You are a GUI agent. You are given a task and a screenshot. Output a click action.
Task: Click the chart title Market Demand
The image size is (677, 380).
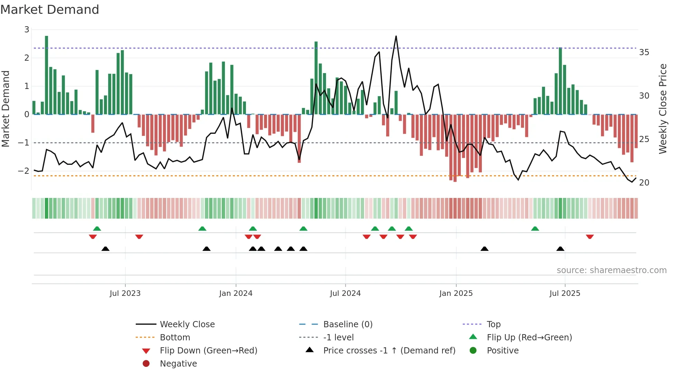pos(50,9)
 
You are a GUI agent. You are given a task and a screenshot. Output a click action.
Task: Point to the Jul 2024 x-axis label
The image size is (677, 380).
pos(345,293)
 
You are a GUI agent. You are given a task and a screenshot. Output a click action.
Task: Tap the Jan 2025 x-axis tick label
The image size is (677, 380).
pos(456,293)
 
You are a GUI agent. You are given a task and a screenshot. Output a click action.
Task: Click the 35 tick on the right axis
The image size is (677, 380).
pos(644,52)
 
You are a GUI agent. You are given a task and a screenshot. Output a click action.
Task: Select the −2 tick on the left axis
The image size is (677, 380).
pos(23,171)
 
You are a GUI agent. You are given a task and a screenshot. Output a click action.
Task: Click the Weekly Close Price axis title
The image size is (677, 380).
pos(662,109)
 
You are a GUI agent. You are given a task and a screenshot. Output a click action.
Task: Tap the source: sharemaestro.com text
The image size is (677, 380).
pos(611,270)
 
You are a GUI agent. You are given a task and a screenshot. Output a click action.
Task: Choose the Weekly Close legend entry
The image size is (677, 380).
pos(187,324)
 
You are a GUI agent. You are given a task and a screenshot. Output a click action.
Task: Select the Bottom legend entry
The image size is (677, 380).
pos(175,338)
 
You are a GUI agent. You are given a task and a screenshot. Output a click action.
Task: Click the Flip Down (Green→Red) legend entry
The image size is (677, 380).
pos(208,351)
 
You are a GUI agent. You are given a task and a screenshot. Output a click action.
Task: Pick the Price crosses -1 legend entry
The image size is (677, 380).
pos(389,351)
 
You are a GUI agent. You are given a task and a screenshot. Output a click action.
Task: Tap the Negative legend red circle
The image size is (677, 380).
pos(146,364)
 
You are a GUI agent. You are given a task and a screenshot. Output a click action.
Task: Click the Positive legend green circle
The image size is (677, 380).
pos(473,351)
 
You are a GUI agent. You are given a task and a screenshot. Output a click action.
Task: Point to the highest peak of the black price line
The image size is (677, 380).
pos(396,36)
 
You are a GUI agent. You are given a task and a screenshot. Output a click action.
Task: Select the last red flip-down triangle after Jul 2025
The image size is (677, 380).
pos(590,237)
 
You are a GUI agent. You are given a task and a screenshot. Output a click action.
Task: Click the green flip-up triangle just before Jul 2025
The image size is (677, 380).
pos(535,229)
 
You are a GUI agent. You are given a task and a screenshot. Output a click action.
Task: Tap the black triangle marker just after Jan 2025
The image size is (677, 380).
pos(485,249)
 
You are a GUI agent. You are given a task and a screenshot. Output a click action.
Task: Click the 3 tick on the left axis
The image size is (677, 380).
pos(27,30)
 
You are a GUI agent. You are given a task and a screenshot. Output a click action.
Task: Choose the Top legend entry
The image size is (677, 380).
pos(493,324)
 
